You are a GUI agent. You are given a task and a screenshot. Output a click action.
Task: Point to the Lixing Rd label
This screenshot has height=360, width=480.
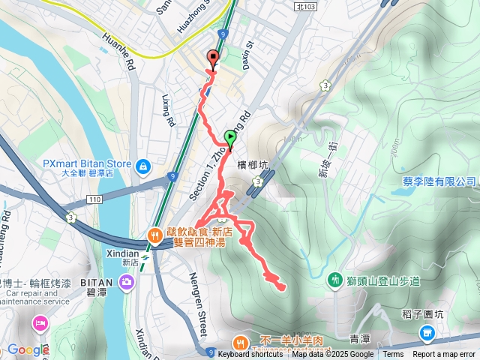pos(169,109)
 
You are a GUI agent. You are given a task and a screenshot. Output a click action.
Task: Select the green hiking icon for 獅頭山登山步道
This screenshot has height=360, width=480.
pos(334,280)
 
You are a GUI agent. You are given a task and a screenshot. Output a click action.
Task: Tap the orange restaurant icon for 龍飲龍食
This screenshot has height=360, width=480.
pos(154,235)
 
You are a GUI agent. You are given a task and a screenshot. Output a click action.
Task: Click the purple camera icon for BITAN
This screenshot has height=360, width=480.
pos(127,282)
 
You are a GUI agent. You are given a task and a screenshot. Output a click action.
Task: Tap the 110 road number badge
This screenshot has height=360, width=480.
pos(94,199)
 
